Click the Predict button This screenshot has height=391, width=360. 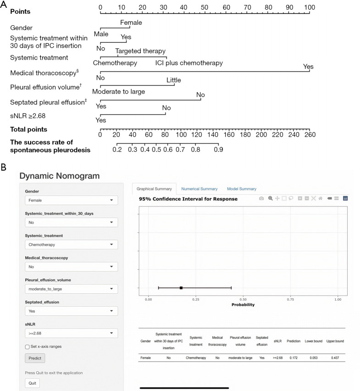pyautogui.click(x=35, y=358)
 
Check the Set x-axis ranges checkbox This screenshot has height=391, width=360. pyautogui.click(x=27, y=346)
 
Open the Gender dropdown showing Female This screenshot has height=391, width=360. pyautogui.click(x=71, y=200)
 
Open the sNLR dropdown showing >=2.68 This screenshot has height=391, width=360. pyautogui.click(x=71, y=333)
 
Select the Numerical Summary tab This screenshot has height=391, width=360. pyautogui.click(x=199, y=189)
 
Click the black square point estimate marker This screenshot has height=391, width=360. pyautogui.click(x=181, y=288)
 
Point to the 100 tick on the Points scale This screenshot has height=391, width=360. pyautogui.click(x=310, y=8)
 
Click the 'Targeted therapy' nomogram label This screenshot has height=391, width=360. pyautogui.click(x=140, y=51)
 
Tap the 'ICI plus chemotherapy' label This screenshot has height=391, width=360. pyautogui.click(x=189, y=63)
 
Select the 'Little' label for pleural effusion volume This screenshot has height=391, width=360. pyautogui.click(x=173, y=80)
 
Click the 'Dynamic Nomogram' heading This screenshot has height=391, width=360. pyautogui.click(x=60, y=175)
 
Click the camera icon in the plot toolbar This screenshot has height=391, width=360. pyautogui.click(x=261, y=198)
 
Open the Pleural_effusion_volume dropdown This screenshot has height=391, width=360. pyautogui.click(x=71, y=289)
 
